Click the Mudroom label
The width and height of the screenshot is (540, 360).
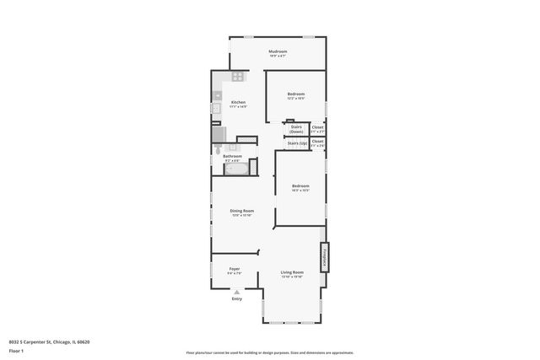tap(278, 52)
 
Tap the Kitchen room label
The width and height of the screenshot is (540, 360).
tap(239, 102)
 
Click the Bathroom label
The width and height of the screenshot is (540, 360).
tap(233, 156)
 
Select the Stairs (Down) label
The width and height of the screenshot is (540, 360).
tap(296, 129)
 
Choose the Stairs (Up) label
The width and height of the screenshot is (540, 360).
tap(296, 143)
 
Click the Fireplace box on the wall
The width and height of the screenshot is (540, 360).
tap(323, 256)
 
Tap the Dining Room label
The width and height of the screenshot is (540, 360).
tap(242, 211)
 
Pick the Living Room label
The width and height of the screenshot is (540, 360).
tap(292, 272)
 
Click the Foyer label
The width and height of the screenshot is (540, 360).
tap(234, 269)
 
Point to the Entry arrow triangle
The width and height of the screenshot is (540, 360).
tap(236, 292)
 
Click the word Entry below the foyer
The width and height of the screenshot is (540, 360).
tap(236, 298)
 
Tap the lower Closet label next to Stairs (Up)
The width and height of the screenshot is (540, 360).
tap(317, 142)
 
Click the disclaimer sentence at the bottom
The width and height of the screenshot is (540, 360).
tap(269, 352)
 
